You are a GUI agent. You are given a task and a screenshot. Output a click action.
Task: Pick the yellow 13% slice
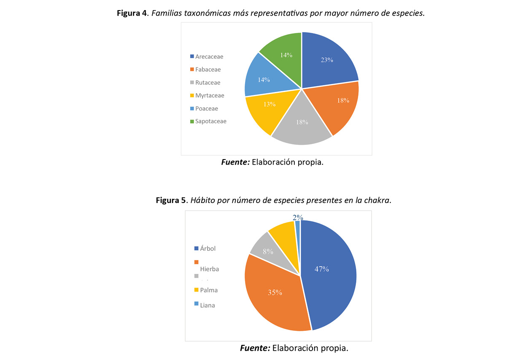tap(266, 108)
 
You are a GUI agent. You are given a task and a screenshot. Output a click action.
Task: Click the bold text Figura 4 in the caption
tap(131, 13)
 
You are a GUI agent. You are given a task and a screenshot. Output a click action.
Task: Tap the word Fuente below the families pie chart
tap(235, 162)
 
